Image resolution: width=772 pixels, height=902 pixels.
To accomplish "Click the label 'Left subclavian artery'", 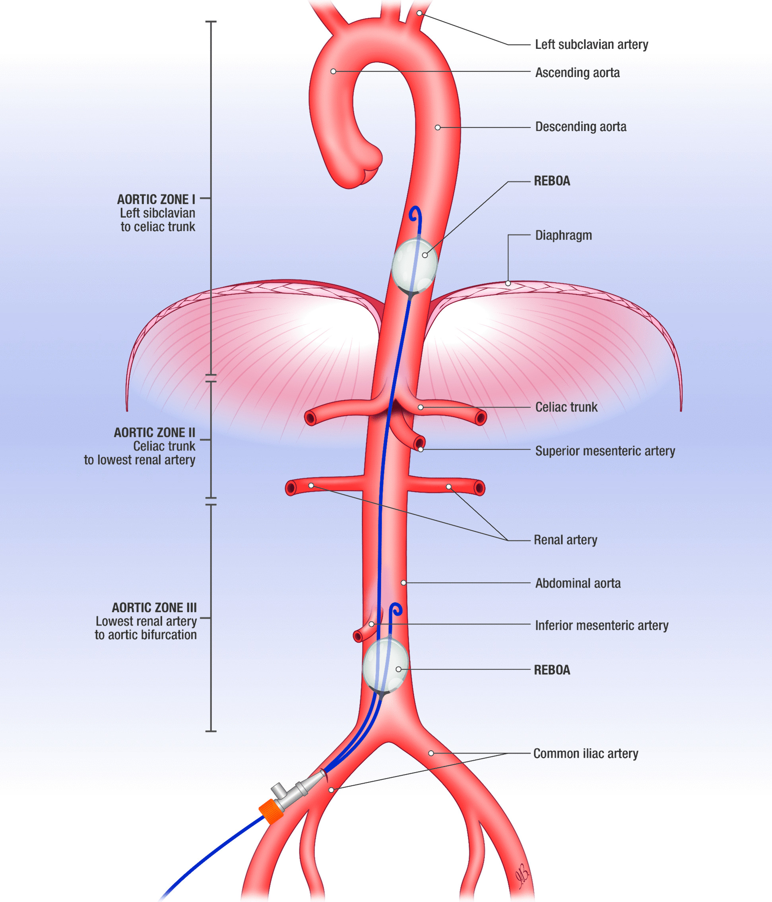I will [591, 44].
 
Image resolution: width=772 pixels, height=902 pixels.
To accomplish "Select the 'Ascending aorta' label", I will [577, 73].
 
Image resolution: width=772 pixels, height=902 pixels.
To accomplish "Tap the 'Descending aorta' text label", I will [581, 127].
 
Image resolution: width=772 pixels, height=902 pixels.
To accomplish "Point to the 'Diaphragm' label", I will [563, 235].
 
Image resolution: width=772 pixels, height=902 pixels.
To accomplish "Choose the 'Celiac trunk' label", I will [566, 407].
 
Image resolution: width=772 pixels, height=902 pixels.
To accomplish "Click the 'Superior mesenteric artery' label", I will [605, 451].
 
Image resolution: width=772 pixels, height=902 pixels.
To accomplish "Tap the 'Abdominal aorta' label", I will [578, 583].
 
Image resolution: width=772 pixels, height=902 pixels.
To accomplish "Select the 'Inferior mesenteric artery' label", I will [601, 626].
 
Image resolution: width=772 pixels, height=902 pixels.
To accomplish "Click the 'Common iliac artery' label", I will [586, 753].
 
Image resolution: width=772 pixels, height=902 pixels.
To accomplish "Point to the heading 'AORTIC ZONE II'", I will [154, 433].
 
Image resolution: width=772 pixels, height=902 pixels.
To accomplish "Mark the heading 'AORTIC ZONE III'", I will [154, 608].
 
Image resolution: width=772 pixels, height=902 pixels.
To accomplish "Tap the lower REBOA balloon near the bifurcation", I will [385, 666].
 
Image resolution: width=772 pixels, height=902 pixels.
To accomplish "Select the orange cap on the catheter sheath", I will [271, 812].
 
